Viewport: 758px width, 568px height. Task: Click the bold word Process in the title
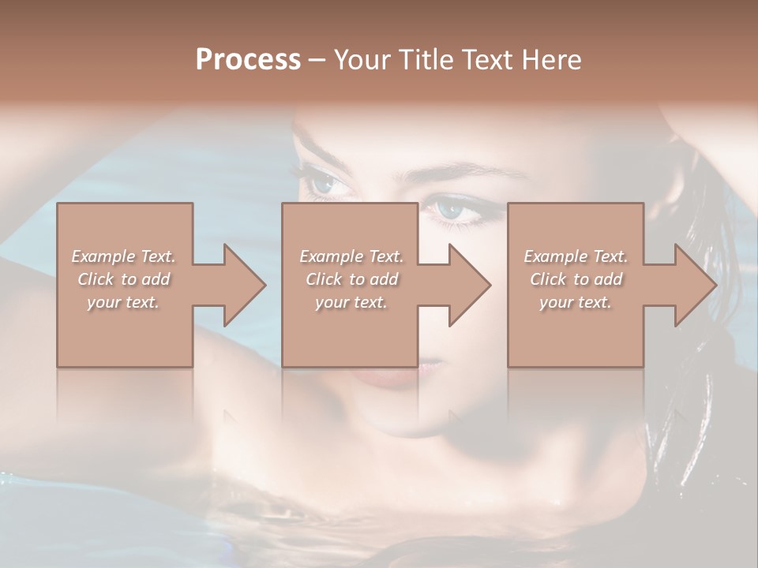pyautogui.click(x=248, y=60)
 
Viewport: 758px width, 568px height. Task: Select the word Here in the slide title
pyautogui.click(x=553, y=60)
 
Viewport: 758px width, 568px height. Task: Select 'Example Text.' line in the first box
pyautogui.click(x=123, y=256)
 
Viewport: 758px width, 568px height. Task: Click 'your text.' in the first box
pyautogui.click(x=123, y=302)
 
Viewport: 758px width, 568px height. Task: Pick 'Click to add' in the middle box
pyautogui.click(x=351, y=279)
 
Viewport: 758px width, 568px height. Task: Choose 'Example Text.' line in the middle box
pyautogui.click(x=351, y=256)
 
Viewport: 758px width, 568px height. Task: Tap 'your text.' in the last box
pyautogui.click(x=576, y=302)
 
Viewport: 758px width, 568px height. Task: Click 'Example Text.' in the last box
pyautogui.click(x=576, y=256)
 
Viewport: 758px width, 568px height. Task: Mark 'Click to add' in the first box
pyautogui.click(x=123, y=279)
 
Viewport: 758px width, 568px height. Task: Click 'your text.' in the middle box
pyautogui.click(x=351, y=302)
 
